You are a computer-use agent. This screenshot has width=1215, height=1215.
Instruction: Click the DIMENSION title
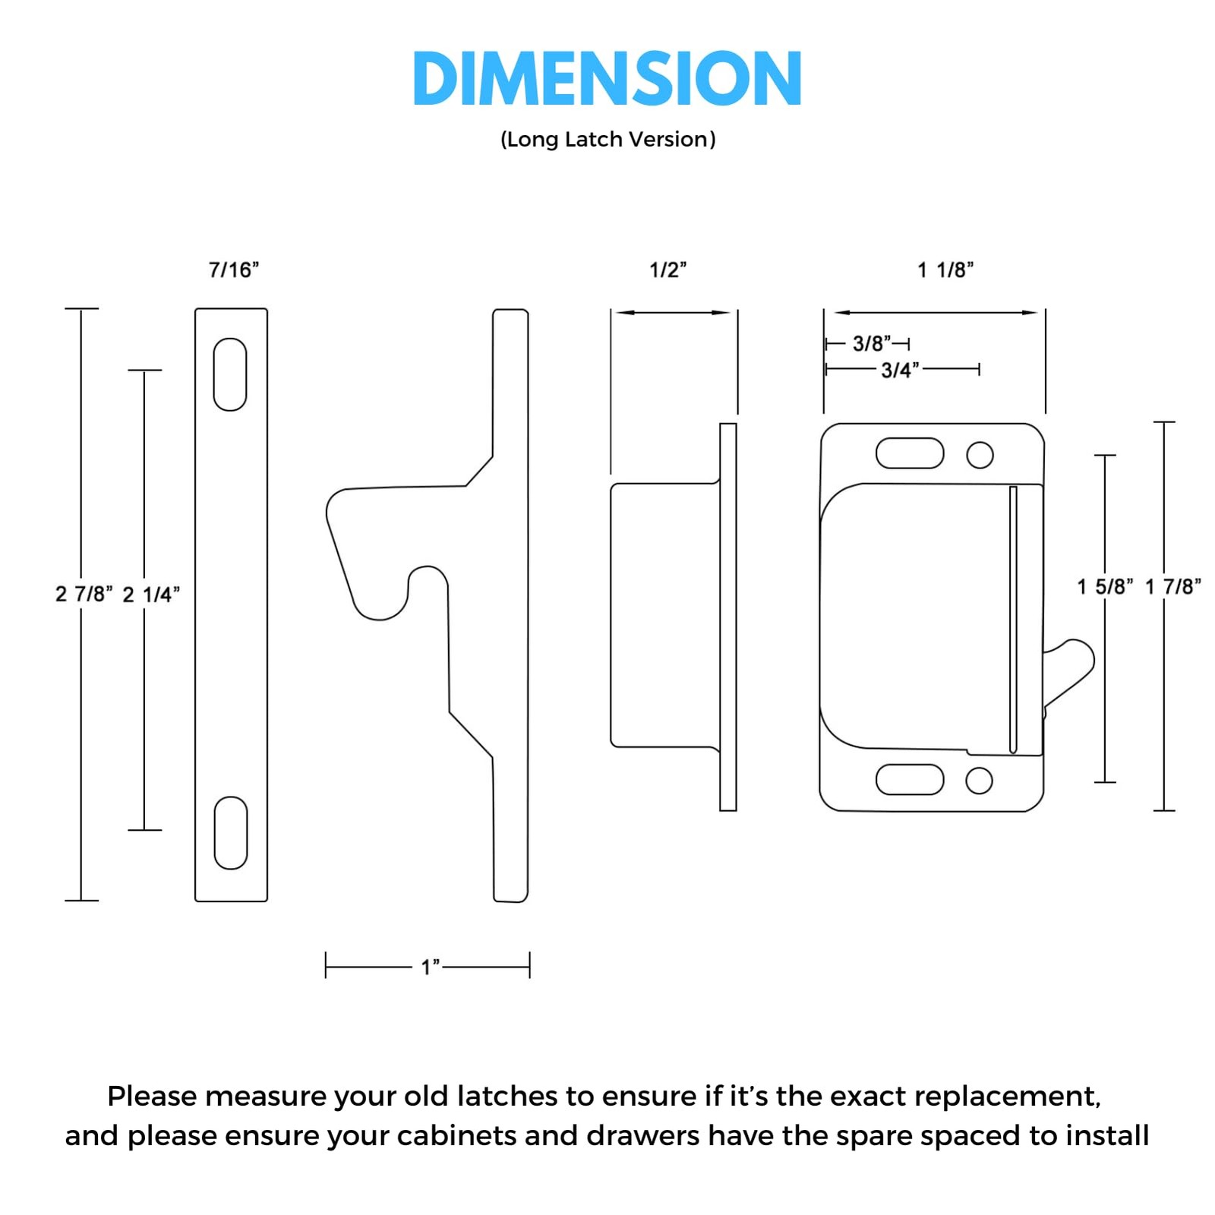[607, 78]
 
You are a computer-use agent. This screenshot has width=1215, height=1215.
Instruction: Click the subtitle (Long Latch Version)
[607, 140]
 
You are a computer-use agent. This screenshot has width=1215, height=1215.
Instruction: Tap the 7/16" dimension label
[234, 270]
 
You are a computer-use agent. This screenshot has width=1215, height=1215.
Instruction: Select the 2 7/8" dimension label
[84, 594]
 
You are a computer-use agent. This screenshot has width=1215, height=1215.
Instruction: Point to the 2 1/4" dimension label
[151, 594]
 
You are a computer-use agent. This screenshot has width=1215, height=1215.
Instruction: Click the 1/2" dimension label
[668, 270]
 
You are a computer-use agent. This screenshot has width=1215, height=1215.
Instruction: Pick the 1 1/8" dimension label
[945, 270]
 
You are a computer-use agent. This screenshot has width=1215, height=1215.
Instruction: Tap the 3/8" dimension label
[872, 343]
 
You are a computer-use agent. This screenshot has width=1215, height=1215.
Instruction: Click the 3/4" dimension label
[900, 370]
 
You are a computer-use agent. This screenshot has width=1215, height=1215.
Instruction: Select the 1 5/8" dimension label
[1106, 586]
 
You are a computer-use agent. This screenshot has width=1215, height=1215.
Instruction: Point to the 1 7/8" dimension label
[1173, 586]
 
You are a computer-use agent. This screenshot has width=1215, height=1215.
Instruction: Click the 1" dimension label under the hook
[431, 967]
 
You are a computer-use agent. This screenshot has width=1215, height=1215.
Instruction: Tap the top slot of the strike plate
[230, 374]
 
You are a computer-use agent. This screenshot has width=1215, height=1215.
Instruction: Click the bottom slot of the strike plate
[231, 833]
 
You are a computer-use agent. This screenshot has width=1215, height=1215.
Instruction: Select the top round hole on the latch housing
[980, 455]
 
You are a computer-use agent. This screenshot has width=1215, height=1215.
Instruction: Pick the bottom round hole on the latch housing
[979, 781]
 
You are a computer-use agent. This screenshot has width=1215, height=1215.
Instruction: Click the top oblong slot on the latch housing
[910, 453]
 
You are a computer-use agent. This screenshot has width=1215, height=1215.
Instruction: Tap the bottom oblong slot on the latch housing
[910, 779]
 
